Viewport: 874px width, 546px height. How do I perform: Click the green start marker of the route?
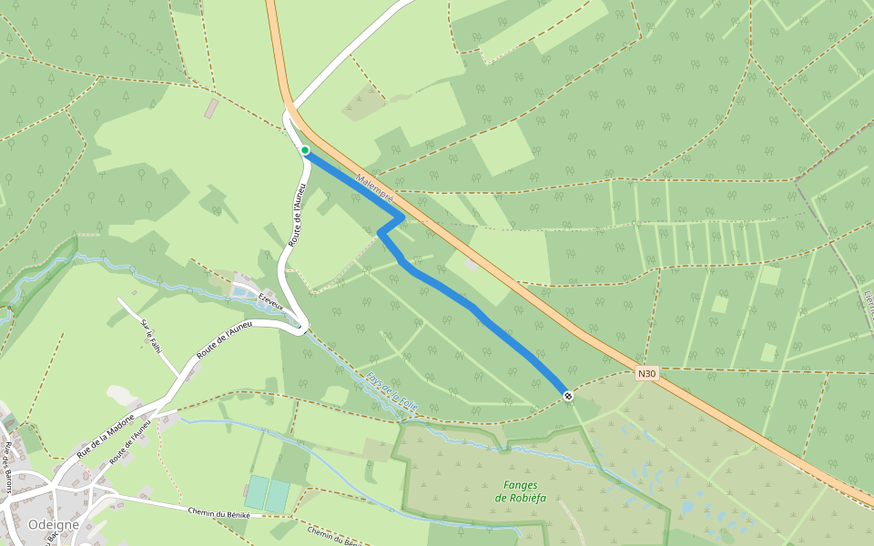[305, 150]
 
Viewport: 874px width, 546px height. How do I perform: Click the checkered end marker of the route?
[568, 395]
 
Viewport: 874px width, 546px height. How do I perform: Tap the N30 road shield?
[646, 373]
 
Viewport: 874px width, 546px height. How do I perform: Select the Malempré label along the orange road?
[374, 188]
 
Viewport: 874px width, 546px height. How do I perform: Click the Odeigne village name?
[53, 525]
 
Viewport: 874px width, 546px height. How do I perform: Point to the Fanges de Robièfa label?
[518, 491]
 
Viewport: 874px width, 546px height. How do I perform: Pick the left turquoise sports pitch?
[257, 493]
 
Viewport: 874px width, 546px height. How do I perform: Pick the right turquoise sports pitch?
[278, 496]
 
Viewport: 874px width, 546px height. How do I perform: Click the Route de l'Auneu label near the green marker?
[296, 214]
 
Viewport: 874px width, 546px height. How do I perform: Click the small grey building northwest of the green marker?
[211, 108]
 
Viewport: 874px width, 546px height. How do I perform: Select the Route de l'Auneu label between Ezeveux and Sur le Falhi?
[224, 339]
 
